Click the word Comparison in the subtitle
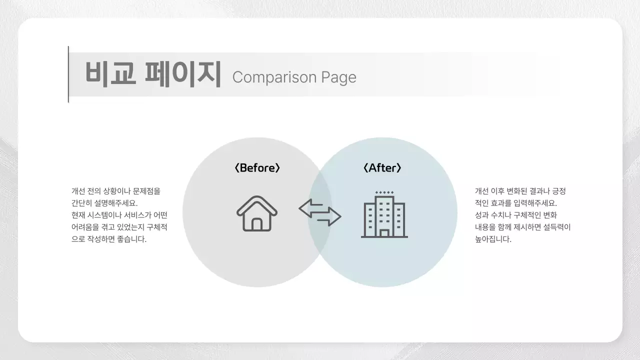[x=274, y=77]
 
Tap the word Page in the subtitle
[x=338, y=77]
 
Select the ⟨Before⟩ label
[x=257, y=168]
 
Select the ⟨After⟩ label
[x=382, y=168]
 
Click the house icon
[x=257, y=213]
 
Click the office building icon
[x=384, y=215]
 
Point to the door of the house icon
[x=257, y=224]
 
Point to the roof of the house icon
[x=257, y=202]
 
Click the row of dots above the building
[x=384, y=192]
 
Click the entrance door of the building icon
[x=384, y=232]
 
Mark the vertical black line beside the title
[x=68, y=74]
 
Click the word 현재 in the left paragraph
[x=78, y=215]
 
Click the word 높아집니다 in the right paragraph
[x=493, y=239]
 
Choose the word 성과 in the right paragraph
[x=482, y=215]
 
